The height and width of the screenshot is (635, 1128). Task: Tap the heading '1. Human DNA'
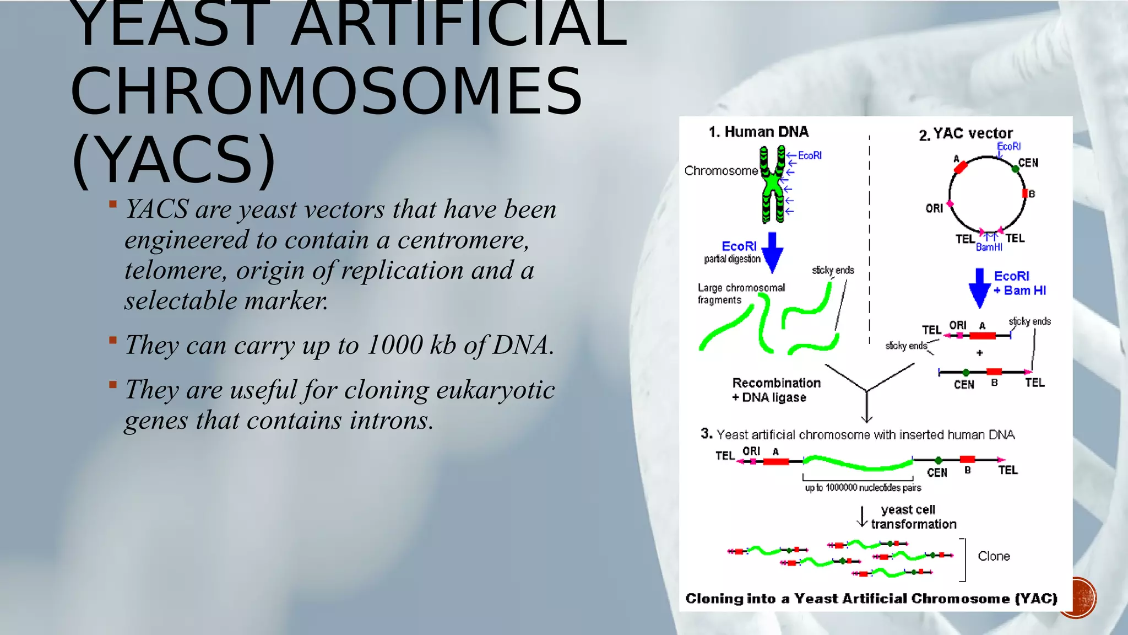[x=758, y=132]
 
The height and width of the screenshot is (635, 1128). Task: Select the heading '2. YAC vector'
[x=966, y=134]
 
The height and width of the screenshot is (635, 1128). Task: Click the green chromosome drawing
[x=773, y=185]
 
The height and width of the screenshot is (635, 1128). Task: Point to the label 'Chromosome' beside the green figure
[x=721, y=171]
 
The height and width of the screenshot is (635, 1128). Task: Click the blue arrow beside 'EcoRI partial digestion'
[x=772, y=252]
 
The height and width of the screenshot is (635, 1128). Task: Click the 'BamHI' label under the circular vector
[x=989, y=247]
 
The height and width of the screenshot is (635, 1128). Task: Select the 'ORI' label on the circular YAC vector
[x=934, y=208]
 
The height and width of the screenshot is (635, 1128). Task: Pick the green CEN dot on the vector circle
[x=1015, y=169]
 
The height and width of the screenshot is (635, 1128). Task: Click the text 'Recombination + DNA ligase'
[x=775, y=390]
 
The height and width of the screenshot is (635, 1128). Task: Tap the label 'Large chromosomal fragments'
[x=741, y=294]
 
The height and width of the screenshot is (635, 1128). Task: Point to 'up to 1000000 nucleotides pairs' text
[x=863, y=487]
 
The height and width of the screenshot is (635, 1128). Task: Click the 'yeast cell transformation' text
[x=913, y=516]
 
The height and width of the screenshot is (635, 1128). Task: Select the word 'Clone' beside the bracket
[x=994, y=556]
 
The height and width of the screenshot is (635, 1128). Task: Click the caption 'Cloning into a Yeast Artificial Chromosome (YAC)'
[x=871, y=599]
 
